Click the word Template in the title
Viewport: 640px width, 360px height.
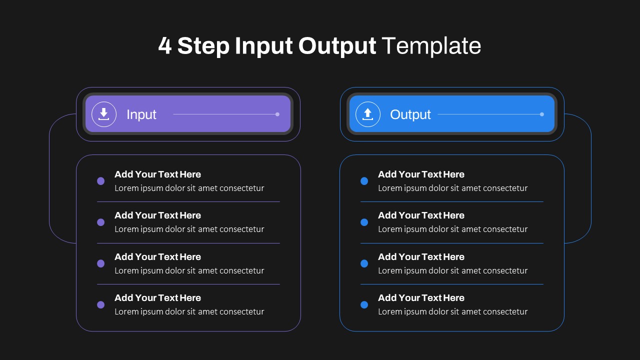pyautogui.click(x=431, y=45)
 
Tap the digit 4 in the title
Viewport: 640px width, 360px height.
pyautogui.click(x=165, y=45)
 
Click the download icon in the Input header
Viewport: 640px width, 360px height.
pyautogui.click(x=103, y=114)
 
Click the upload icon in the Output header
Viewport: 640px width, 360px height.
pyautogui.click(x=367, y=114)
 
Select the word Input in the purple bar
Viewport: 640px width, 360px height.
pyautogui.click(x=141, y=114)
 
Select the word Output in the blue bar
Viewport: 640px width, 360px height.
pyautogui.click(x=410, y=114)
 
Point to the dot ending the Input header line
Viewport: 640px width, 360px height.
pyautogui.click(x=277, y=114)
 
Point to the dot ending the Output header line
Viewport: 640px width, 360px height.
pyautogui.click(x=541, y=114)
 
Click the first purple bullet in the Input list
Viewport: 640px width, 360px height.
pyautogui.click(x=100, y=181)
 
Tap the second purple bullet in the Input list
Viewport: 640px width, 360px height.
pyautogui.click(x=100, y=222)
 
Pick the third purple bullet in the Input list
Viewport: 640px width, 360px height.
pyautogui.click(x=100, y=263)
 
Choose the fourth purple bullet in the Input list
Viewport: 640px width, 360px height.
pyautogui.click(x=100, y=305)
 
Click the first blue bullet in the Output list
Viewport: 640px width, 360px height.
pyautogui.click(x=364, y=181)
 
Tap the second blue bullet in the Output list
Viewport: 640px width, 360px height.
pyautogui.click(x=364, y=222)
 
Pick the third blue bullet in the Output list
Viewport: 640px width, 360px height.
pyautogui.click(x=364, y=263)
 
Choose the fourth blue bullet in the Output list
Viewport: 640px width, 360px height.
pyautogui.click(x=364, y=305)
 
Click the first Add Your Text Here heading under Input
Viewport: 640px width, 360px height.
pyautogui.click(x=157, y=174)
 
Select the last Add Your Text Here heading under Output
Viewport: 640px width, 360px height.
pyautogui.click(x=421, y=297)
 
